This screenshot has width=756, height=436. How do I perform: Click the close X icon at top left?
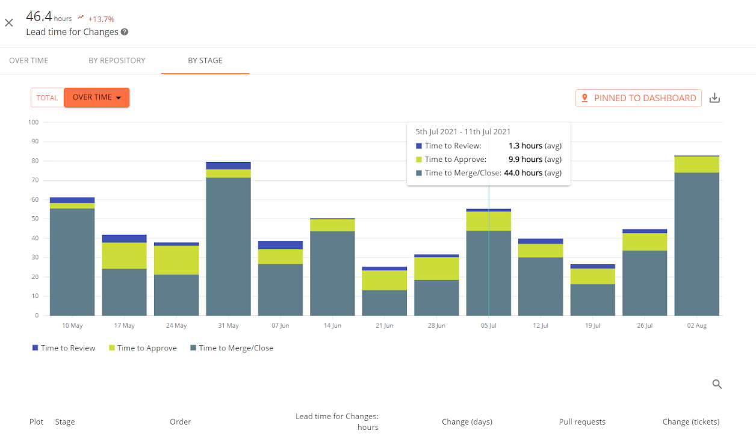coord(9,23)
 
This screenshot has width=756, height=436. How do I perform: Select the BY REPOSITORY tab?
coord(117,60)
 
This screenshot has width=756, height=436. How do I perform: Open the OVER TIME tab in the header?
coord(29,60)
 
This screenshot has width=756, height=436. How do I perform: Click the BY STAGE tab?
coord(205,60)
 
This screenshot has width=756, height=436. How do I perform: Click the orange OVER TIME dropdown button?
coord(96,98)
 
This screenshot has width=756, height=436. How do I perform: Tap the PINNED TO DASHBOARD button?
coord(639,98)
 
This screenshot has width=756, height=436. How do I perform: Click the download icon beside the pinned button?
coord(714,98)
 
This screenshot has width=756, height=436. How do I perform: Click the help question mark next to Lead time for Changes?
coord(125,32)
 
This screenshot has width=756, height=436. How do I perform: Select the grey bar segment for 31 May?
coord(228,247)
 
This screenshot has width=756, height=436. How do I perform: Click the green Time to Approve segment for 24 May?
coord(176,260)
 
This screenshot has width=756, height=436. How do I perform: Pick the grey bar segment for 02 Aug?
coord(696,244)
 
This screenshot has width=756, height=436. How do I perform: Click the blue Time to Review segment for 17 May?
coord(124,238)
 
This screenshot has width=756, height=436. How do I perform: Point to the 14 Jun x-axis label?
coord(332,326)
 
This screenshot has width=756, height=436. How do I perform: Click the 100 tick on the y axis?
coord(33,122)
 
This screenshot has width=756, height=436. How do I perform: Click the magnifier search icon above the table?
coord(717,384)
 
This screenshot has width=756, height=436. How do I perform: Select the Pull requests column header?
coord(581,422)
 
